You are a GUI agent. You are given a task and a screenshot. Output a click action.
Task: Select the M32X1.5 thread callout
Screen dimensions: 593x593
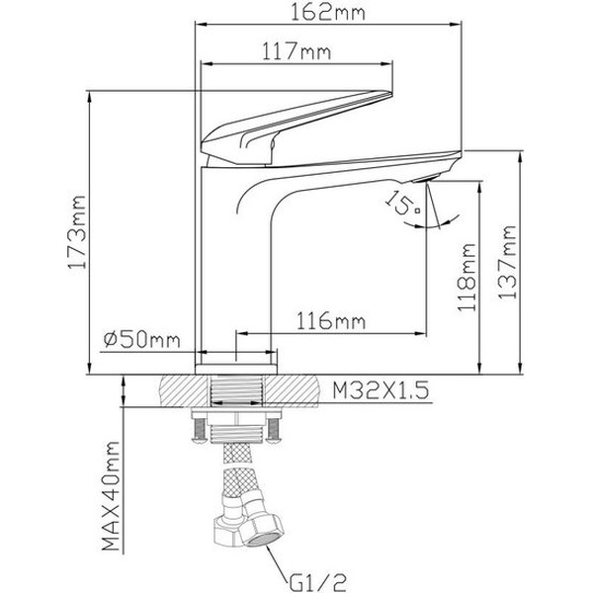click(380, 392)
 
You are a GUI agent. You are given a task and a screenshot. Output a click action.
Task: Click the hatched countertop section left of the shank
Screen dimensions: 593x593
click(183, 391)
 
